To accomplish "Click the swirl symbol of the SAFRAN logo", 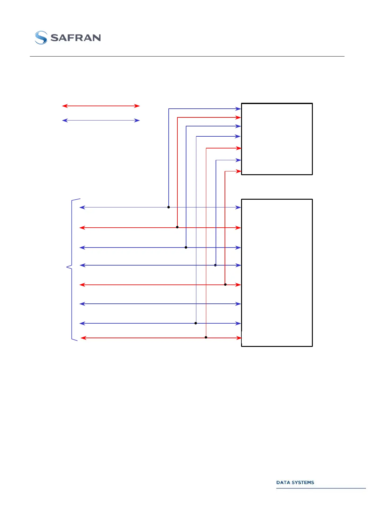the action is point(41,38).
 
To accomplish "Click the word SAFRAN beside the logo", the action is point(75,38).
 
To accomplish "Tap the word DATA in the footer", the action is point(283,482).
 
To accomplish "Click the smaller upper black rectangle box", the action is point(277,139).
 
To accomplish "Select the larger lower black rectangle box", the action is point(277,273).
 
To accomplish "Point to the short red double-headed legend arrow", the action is point(101,106).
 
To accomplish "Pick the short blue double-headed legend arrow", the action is point(101,120).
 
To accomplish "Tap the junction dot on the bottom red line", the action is point(206,337).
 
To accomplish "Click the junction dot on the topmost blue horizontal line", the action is point(169,207).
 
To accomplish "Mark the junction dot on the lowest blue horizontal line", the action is point(196,323).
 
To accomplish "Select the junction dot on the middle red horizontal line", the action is point(225,284).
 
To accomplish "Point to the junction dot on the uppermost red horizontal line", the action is point(177,227).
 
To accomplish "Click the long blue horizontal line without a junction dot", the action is point(160,304).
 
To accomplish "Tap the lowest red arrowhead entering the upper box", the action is point(239,171).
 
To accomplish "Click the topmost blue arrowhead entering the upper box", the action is point(239,109).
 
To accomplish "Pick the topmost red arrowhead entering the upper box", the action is point(239,117).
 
